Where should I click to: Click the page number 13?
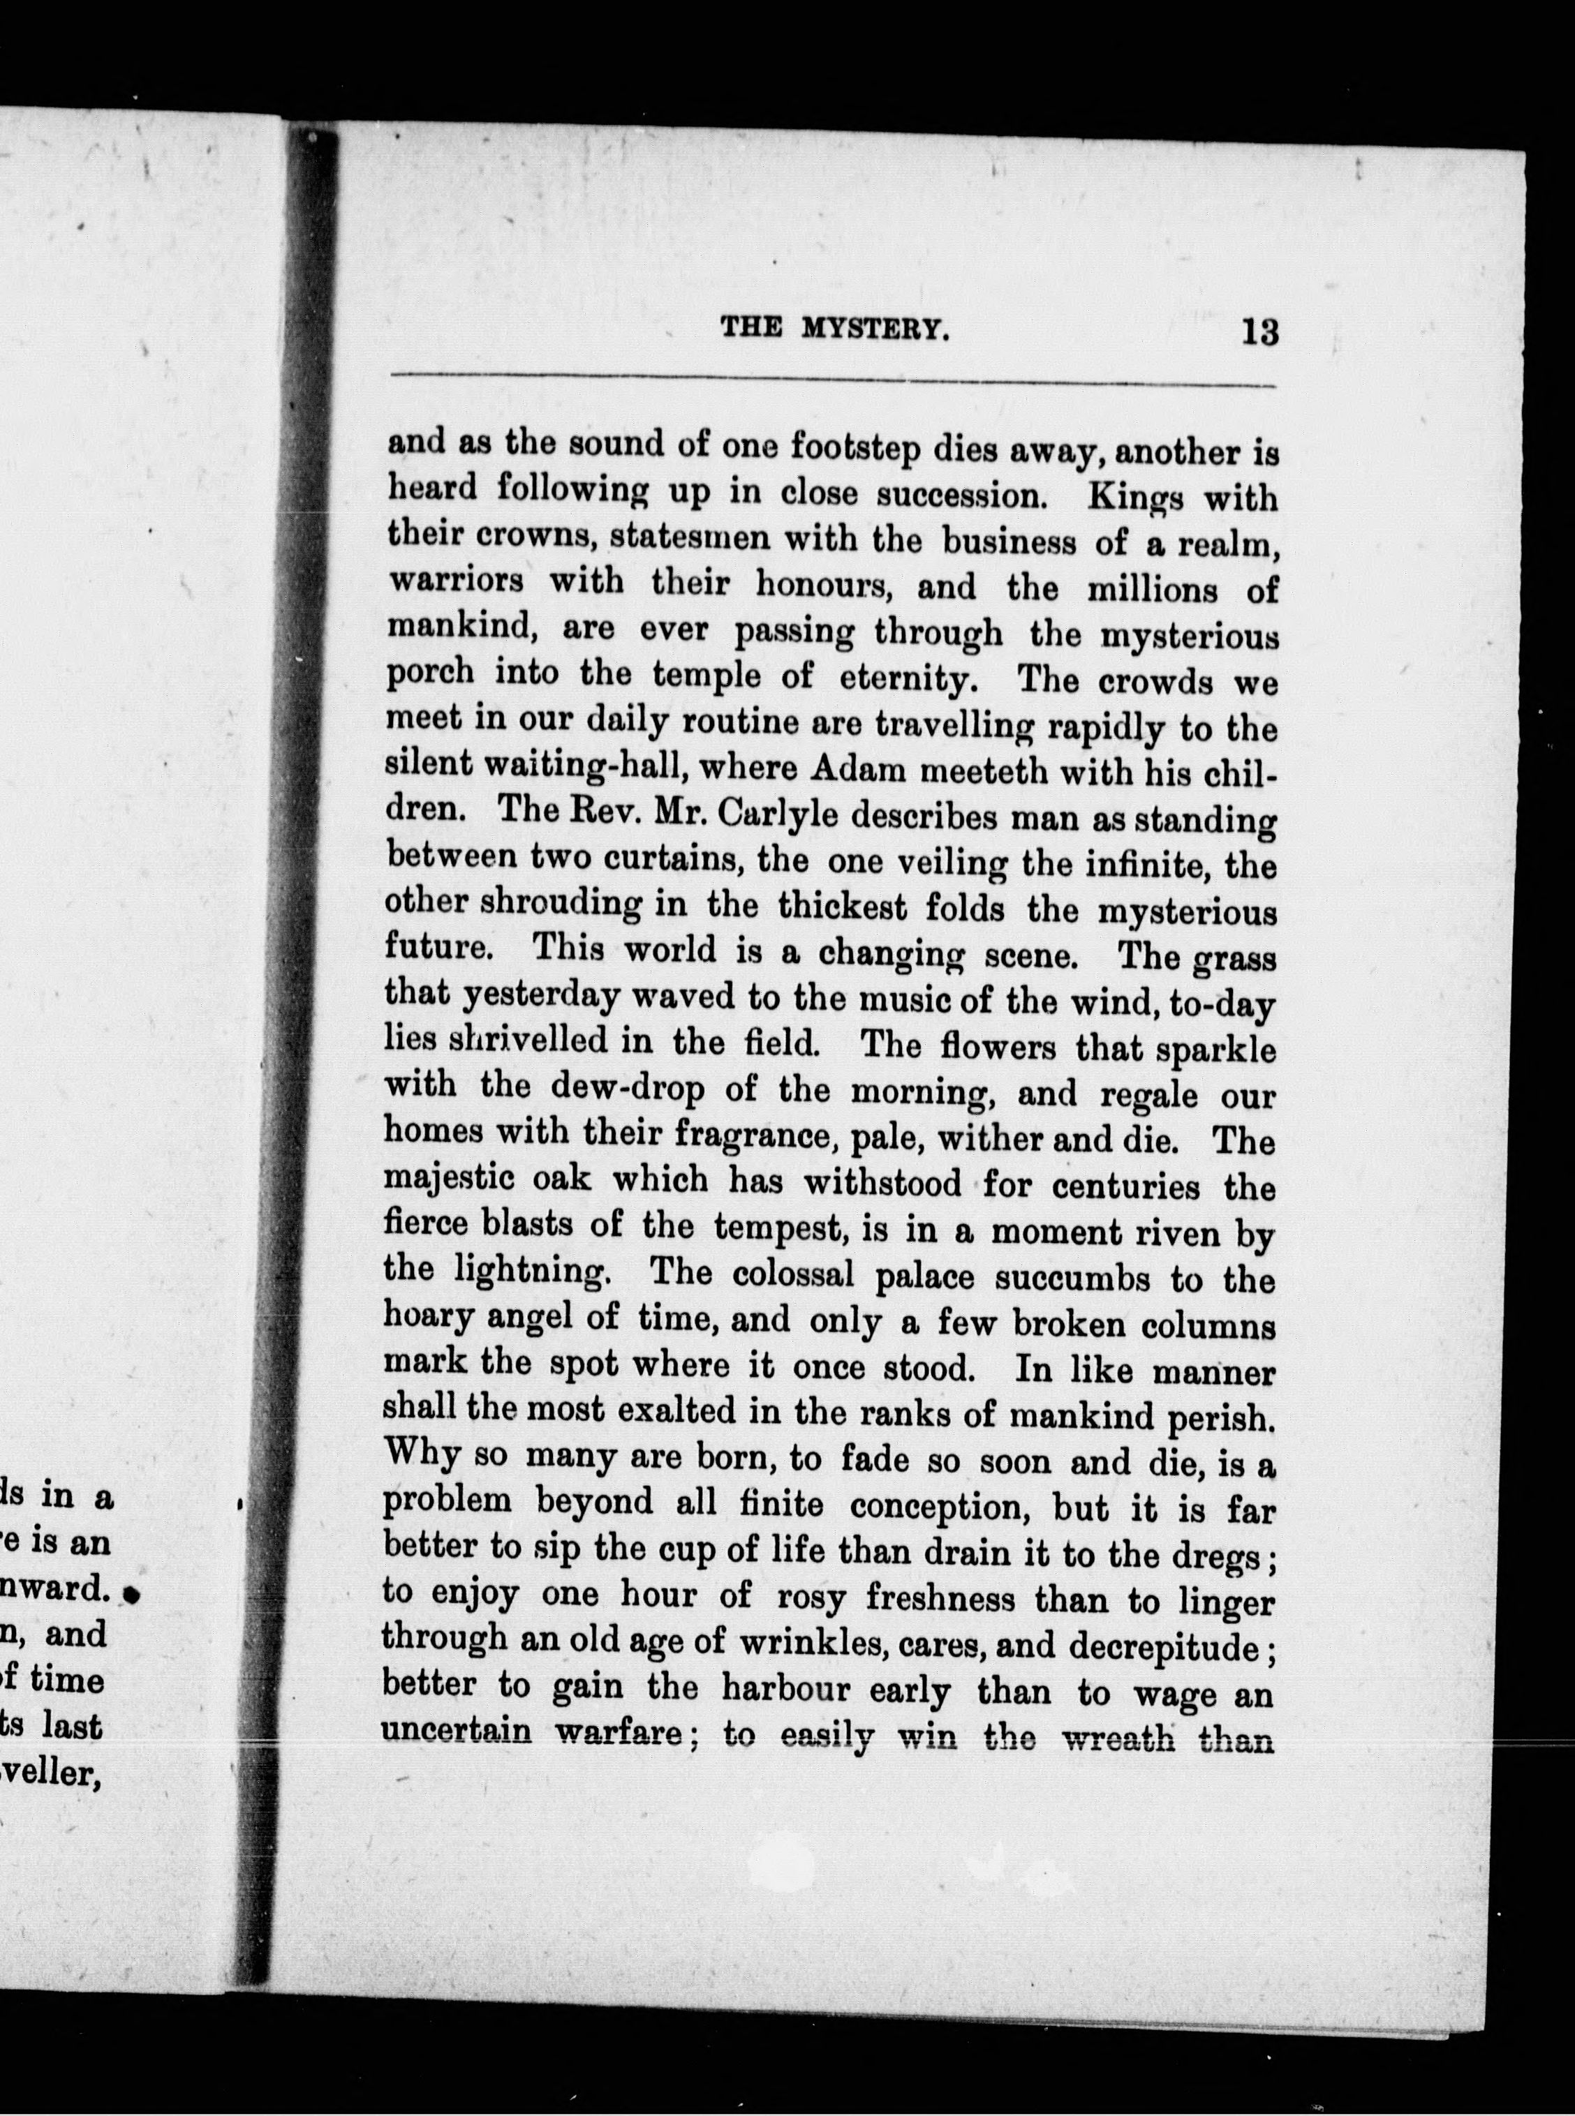pyautogui.click(x=1259, y=333)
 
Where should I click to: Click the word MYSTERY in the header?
pyautogui.click(x=875, y=331)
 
